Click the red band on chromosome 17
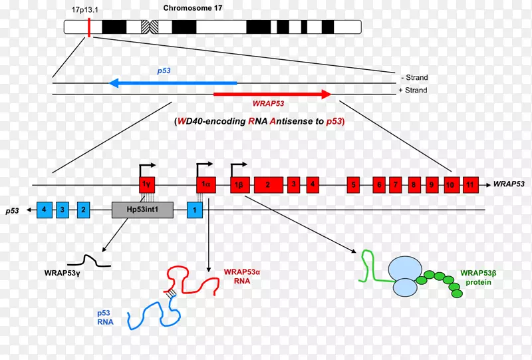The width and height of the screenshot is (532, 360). click(x=88, y=27)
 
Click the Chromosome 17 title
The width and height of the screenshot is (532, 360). click(x=193, y=9)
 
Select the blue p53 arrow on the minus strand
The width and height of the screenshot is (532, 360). click(x=173, y=83)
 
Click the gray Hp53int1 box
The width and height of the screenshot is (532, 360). click(x=142, y=210)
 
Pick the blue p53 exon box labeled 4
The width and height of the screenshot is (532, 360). click(x=44, y=210)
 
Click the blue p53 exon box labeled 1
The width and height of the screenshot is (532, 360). click(x=195, y=210)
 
